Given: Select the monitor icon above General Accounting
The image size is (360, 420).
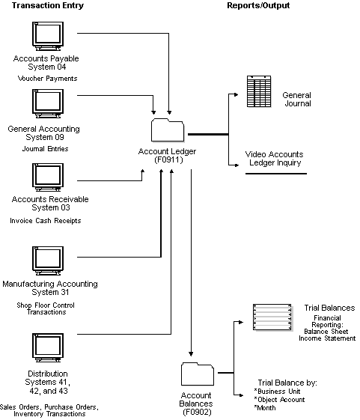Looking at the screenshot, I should [46, 104].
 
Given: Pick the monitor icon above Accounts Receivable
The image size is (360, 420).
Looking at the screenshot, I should [46, 177].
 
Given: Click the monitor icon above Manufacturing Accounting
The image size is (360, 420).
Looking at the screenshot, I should [46, 261].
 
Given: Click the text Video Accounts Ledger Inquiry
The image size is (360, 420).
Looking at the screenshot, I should [275, 159].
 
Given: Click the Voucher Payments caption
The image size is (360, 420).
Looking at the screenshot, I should [46, 78].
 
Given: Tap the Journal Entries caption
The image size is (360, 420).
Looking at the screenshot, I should [46, 148].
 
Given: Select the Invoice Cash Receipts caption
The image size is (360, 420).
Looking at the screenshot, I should [46, 220].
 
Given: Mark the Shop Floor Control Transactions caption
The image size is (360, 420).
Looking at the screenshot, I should [46, 308].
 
